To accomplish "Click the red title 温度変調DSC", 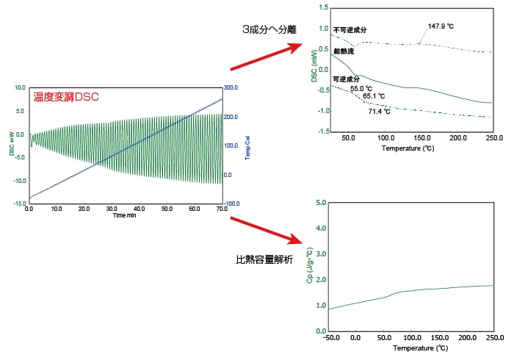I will point(66,96).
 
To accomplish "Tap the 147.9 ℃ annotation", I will point(441,26).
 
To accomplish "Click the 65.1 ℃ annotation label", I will point(374,96).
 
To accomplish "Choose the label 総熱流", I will point(344,51).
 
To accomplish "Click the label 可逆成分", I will point(346,79).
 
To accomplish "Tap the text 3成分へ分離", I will point(270,30).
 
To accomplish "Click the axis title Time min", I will point(125,216).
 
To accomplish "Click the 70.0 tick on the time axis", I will point(221,209).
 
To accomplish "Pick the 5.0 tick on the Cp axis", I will point(320,202).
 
